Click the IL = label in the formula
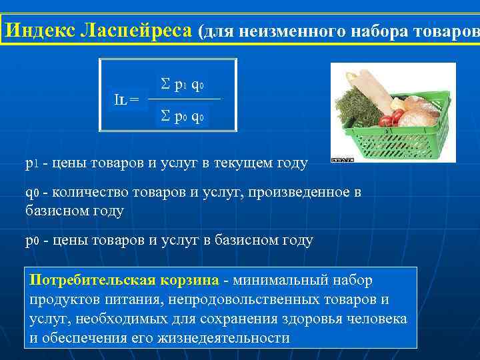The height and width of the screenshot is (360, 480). tap(126, 99)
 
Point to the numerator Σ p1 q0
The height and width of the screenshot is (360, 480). tap(183, 85)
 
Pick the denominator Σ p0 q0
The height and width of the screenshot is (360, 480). tap(183, 117)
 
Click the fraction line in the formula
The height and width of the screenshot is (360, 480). tap(183, 99)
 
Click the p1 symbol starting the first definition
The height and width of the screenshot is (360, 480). tap(32, 163)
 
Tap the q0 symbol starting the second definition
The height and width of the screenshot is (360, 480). tap(32, 193)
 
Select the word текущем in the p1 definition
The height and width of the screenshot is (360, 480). tap(233, 163)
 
